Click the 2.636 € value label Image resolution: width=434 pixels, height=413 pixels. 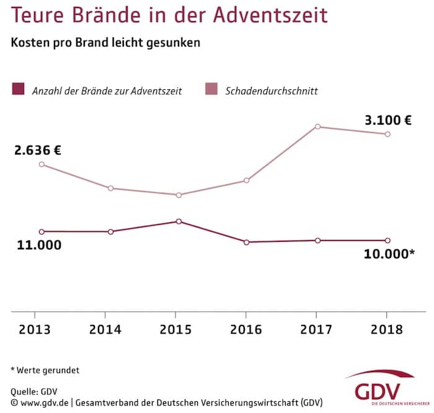point(38,150)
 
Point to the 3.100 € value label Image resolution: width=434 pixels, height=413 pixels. point(387,121)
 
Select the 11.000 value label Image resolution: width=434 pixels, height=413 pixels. point(39,245)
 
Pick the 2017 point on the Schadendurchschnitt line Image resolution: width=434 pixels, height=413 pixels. point(317,127)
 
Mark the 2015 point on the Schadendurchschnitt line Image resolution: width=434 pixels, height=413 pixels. point(179,195)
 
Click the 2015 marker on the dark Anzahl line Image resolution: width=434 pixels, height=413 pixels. point(179,221)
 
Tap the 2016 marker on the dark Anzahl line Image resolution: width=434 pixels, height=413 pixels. point(246,242)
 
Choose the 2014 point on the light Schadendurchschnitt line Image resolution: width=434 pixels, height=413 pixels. point(110,188)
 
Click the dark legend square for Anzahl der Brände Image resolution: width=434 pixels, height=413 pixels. point(17,90)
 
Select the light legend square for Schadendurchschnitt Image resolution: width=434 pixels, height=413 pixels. point(211,90)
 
